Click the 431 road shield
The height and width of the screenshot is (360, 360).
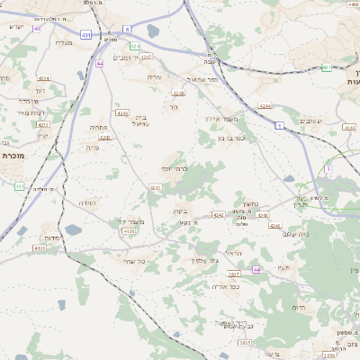tap(85, 34)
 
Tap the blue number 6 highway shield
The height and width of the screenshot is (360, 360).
tap(127, 29)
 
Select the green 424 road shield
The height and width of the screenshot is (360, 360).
tap(135, 46)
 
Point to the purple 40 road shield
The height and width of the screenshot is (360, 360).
tap(36, 28)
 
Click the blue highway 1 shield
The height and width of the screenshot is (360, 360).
tap(280, 124)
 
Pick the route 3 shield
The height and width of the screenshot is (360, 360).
tap(328, 169)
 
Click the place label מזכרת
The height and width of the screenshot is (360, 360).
tap(13, 156)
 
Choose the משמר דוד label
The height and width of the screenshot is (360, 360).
tap(131, 220)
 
